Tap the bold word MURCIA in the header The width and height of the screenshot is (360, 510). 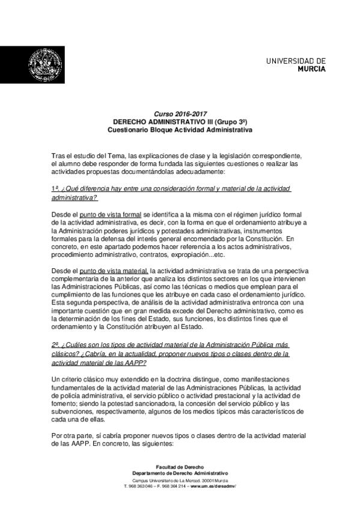(312, 69)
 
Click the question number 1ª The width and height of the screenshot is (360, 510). (55, 189)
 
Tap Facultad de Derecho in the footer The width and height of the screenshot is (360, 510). (180, 467)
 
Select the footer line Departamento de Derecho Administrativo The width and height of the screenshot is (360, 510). (180, 473)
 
